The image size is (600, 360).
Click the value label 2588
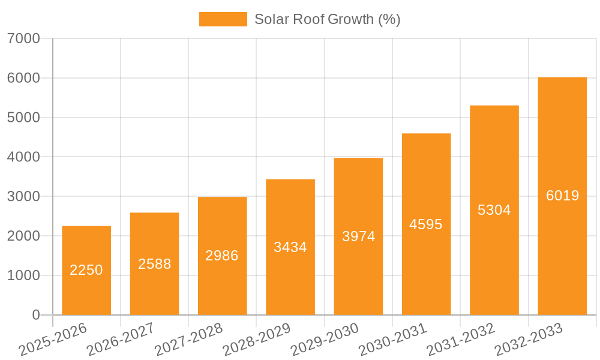point(154,264)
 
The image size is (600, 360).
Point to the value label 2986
point(222,256)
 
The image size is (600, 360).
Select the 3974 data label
point(358,236)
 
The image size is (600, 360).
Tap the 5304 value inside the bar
point(494,210)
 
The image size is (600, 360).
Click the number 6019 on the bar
point(562,196)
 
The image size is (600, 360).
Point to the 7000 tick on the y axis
point(23,39)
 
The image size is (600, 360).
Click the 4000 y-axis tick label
point(23,157)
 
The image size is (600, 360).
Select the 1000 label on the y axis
point(23,276)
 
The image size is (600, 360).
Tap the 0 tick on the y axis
point(35,315)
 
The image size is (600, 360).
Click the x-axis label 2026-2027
point(120,340)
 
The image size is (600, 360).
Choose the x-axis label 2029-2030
point(324,340)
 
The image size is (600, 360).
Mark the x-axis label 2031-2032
point(460,340)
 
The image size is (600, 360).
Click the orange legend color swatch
point(223,19)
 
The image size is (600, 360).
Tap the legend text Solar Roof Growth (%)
point(327,19)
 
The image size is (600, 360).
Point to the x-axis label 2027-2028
point(188,340)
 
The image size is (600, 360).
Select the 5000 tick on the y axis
point(23,118)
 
